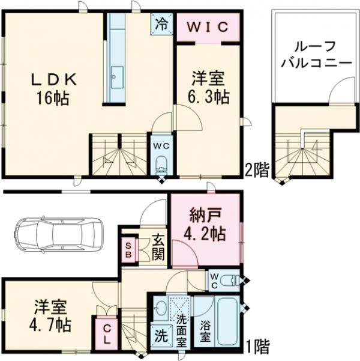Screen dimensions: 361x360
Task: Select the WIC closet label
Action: pos(209,27)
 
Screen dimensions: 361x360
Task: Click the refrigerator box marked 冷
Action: pos(161,25)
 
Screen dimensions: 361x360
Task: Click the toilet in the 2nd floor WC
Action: pos(160,163)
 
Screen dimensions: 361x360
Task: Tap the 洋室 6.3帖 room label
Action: pos(209,88)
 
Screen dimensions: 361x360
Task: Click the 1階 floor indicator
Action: pos(257,345)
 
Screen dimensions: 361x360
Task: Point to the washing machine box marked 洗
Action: pos(159,335)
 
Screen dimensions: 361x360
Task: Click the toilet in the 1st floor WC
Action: pos(231,280)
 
